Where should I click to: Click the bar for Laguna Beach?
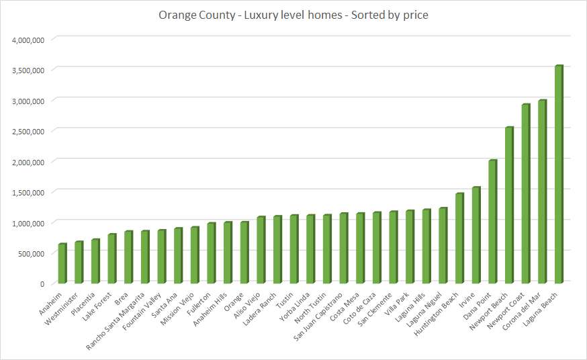559,175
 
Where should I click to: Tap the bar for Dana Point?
492,222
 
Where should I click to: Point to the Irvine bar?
476,235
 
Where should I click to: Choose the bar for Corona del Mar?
542,191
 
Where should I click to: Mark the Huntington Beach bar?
459,238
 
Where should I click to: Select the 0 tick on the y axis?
42,284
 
